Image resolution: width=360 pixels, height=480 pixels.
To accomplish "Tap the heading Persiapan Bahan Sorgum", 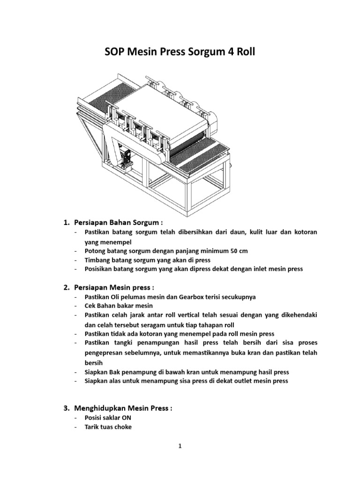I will (x=117, y=221).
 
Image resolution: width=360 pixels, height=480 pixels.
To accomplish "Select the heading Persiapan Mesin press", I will (x=115, y=287).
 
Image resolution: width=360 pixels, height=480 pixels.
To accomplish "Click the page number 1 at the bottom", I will (x=180, y=447).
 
